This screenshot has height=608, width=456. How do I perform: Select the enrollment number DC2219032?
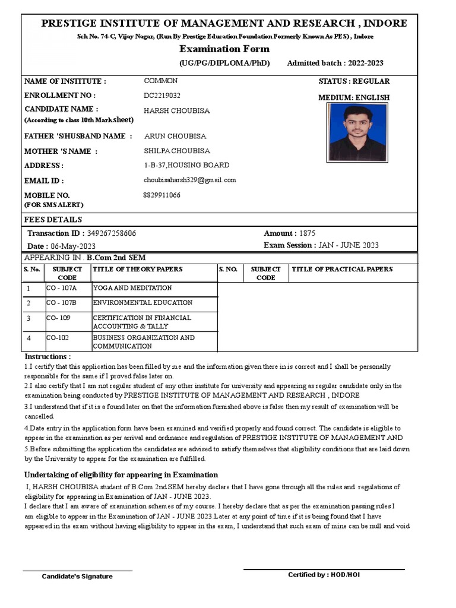click(162, 96)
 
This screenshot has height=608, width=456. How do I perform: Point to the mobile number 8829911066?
click(162, 195)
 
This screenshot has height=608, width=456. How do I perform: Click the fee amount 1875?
click(308, 234)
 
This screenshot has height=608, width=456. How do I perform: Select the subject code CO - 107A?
click(62, 289)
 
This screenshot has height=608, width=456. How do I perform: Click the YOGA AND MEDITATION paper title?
click(132, 289)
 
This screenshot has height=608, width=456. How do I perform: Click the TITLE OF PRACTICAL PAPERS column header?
click(342, 270)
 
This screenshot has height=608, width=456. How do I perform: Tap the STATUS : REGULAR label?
click(354, 81)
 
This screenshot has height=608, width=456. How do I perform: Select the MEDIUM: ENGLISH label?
click(354, 98)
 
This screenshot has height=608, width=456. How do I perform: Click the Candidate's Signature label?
click(77, 577)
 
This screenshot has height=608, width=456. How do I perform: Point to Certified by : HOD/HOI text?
click(324, 575)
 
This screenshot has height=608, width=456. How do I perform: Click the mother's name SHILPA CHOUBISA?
click(177, 151)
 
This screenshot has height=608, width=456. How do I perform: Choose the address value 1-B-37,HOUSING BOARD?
click(186, 165)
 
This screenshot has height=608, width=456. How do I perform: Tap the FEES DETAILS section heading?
click(53, 220)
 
